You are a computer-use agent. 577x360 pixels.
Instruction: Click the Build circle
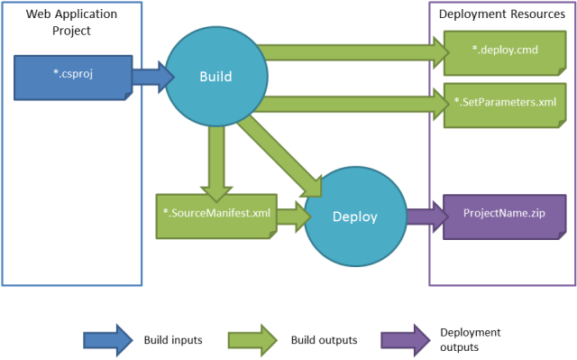pyautogui.click(x=215, y=77)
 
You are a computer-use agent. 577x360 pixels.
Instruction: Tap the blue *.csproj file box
pyautogui.click(x=70, y=76)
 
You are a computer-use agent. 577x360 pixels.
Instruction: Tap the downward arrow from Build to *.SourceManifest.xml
pyautogui.click(x=215, y=158)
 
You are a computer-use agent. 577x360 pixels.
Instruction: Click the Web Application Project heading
pyautogui.click(x=72, y=23)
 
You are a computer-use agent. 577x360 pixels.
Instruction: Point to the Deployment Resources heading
pyautogui.click(x=500, y=14)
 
